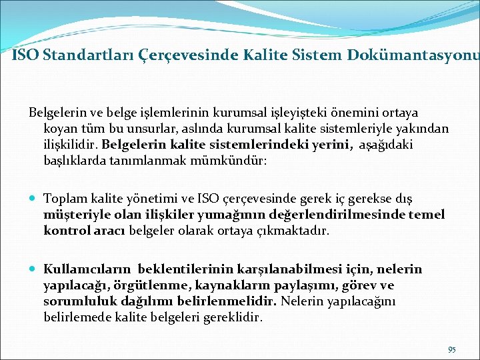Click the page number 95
(452, 349)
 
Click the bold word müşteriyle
(72, 215)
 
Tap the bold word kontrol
(64, 231)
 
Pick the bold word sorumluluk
(79, 301)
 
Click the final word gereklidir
(235, 317)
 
